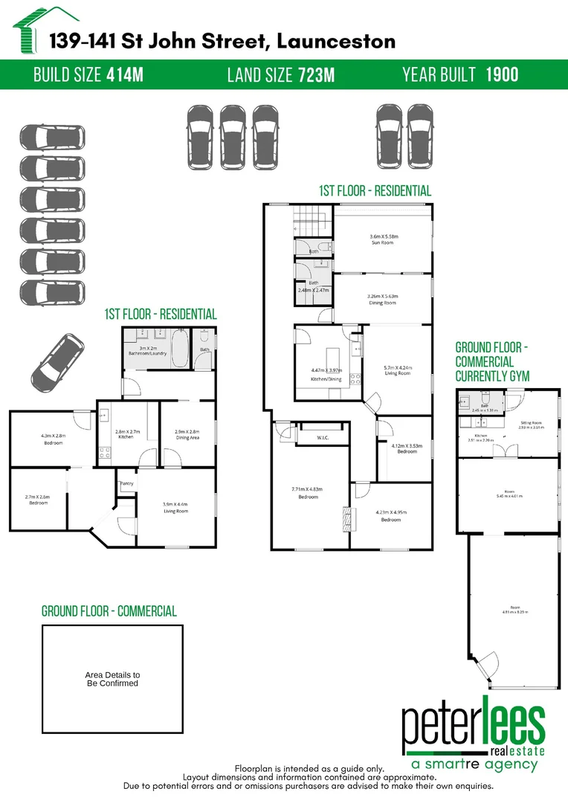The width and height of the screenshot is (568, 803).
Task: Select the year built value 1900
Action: [x=502, y=74]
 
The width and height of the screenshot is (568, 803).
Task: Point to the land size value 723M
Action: [x=316, y=74]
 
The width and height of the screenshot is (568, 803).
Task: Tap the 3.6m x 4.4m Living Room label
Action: [x=175, y=507]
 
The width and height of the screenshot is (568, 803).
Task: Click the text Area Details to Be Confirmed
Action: [x=112, y=679]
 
